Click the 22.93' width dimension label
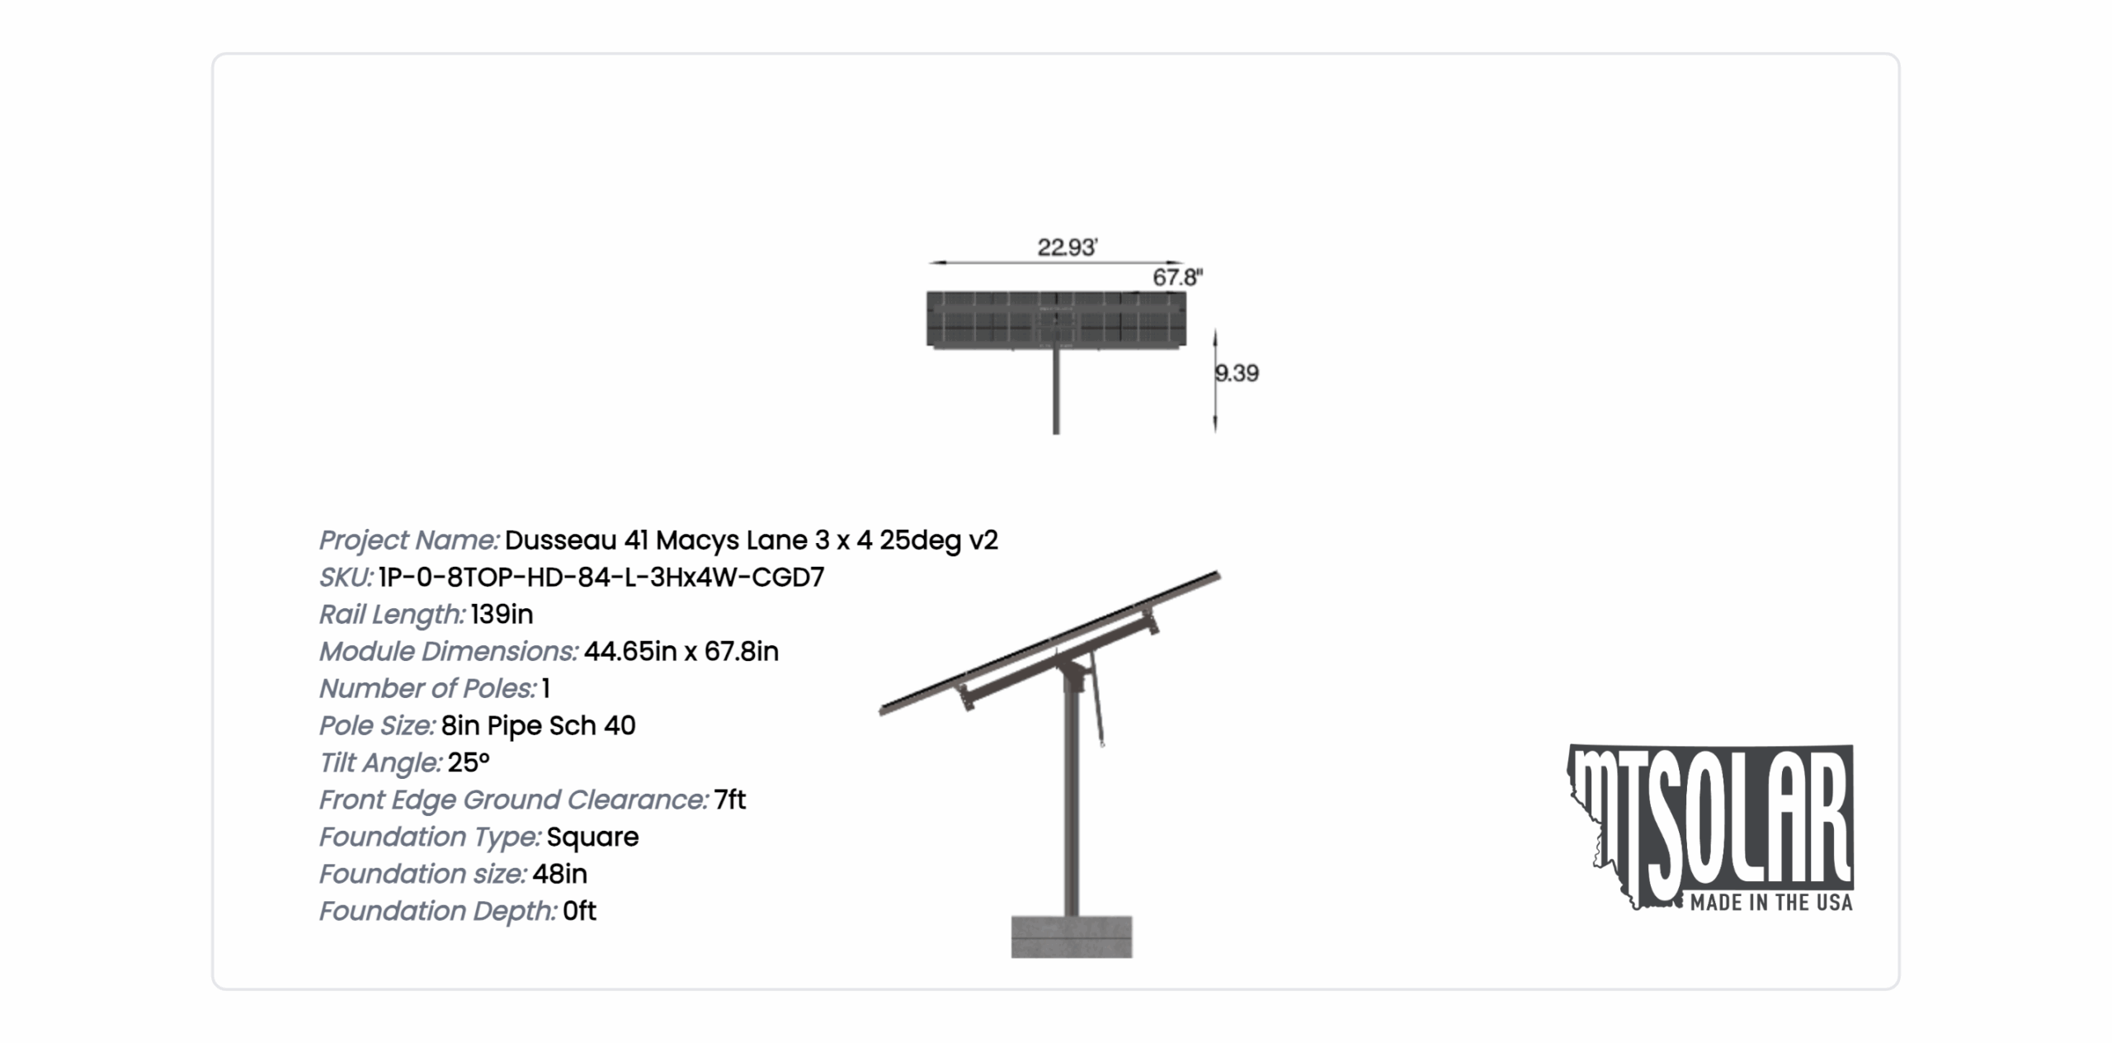click(x=1067, y=247)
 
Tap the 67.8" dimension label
click(x=1177, y=277)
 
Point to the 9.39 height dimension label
click(x=1237, y=373)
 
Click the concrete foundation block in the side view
click(x=1072, y=937)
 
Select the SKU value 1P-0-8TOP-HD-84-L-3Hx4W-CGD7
click(x=601, y=577)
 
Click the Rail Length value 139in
click(x=502, y=614)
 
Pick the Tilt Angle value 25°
click(x=469, y=762)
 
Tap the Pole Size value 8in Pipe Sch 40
click(x=538, y=725)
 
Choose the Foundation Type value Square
click(x=592, y=837)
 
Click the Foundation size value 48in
click(x=559, y=874)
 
